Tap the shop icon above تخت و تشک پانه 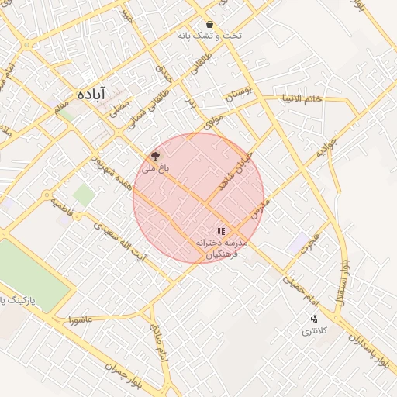click(210, 24)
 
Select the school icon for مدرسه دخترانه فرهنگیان click(221, 231)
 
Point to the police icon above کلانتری click(314, 319)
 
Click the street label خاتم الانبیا click(302, 99)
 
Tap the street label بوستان click(239, 97)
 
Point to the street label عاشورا click(80, 319)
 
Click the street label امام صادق click(159, 341)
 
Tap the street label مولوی click(214, 120)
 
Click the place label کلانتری click(315, 331)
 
